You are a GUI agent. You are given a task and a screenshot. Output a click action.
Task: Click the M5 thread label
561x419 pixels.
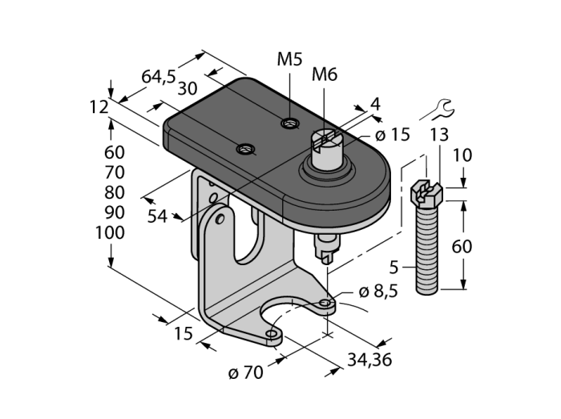pyautogui.click(x=289, y=59)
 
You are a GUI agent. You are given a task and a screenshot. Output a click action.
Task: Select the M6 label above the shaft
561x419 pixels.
pyautogui.click(x=325, y=75)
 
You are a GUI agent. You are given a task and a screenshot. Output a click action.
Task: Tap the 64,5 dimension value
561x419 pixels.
pyautogui.click(x=159, y=76)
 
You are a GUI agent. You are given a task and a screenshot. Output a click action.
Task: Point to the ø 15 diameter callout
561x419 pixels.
pyautogui.click(x=392, y=135)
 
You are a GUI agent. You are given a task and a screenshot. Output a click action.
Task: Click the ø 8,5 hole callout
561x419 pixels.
pyautogui.click(x=378, y=292)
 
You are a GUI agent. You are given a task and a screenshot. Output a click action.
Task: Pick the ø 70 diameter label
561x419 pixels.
pyautogui.click(x=246, y=373)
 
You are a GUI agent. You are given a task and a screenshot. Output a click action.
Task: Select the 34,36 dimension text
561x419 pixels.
pyautogui.click(x=369, y=360)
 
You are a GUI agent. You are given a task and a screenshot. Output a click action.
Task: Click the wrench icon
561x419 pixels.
pyautogui.click(x=439, y=110)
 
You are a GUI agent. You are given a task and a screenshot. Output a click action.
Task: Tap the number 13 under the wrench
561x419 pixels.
pyautogui.click(x=439, y=135)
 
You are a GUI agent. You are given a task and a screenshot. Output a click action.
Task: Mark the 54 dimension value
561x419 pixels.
pyautogui.click(x=157, y=216)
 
